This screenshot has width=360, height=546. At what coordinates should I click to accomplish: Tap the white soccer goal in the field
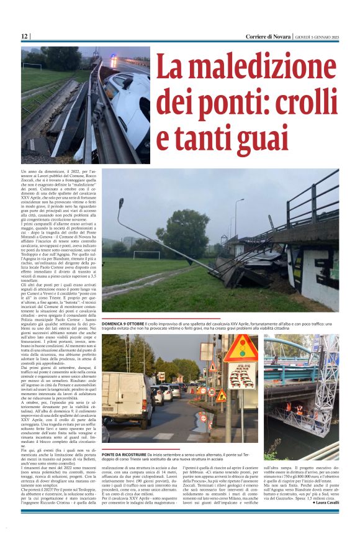tap(146, 255)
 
